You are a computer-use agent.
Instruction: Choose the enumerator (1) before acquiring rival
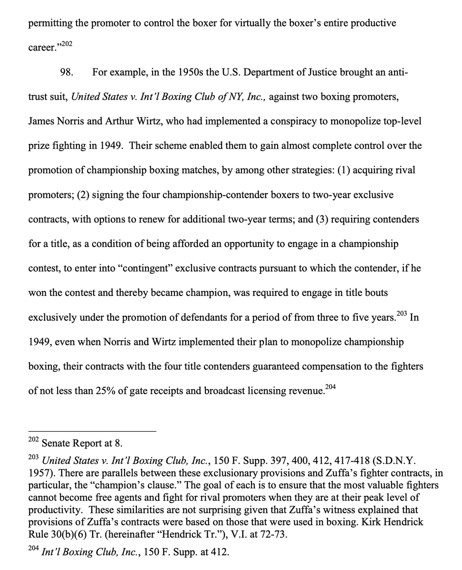[345, 170]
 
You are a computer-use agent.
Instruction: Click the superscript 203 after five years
[401, 314]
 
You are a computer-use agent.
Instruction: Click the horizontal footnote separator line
[92, 431]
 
